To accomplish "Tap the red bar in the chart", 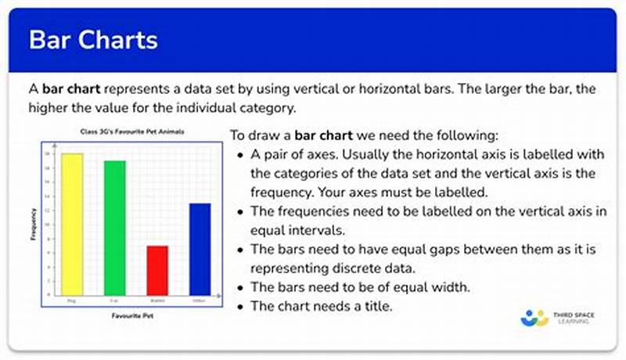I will pyautogui.click(x=157, y=269).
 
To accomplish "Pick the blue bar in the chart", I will pyautogui.click(x=200, y=248).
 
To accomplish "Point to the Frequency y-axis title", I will pyautogui.click(x=33, y=223).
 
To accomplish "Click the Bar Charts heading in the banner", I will pyautogui.click(x=93, y=40).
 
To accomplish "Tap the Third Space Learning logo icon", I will pyautogui.click(x=534, y=319).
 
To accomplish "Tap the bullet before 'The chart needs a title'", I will pyautogui.click(x=239, y=306).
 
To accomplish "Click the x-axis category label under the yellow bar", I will pyautogui.click(x=72, y=300).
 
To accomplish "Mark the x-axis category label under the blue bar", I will pyautogui.click(x=200, y=300).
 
